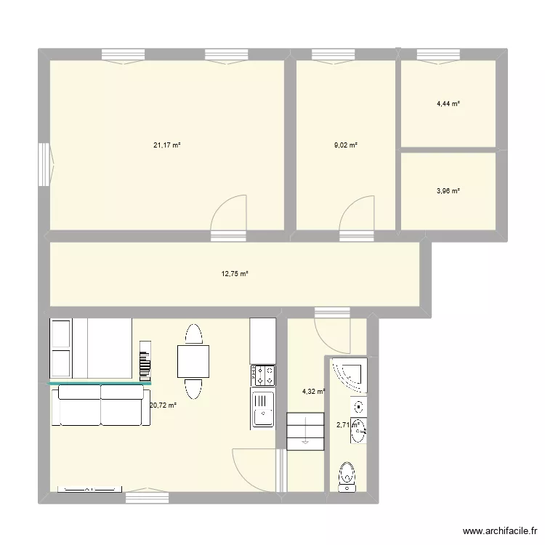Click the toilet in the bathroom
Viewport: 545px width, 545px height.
click(347, 477)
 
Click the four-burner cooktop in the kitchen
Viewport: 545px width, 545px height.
click(263, 375)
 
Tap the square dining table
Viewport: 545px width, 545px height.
click(193, 361)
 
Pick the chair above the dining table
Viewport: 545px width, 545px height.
click(193, 335)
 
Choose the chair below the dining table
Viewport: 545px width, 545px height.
click(193, 388)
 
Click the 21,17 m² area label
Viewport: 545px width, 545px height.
click(166, 145)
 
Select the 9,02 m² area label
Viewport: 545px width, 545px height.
click(346, 145)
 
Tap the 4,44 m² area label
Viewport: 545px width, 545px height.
click(448, 104)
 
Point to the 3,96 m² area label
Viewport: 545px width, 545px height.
click(448, 191)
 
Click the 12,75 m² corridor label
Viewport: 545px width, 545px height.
click(235, 274)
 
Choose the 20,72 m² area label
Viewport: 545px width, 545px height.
click(163, 405)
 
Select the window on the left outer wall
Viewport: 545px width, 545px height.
click(45, 161)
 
